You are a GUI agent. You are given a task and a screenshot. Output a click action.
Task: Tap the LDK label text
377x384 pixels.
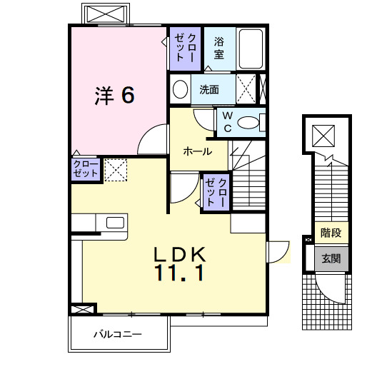click(x=181, y=254)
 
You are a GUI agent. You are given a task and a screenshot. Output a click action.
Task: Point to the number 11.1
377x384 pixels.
click(x=181, y=273)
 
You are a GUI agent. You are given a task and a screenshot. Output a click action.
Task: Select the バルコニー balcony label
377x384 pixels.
click(x=118, y=334)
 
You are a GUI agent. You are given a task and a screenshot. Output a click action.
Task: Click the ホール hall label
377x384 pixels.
click(x=196, y=151)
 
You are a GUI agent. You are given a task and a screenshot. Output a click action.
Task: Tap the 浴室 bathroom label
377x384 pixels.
click(x=219, y=47)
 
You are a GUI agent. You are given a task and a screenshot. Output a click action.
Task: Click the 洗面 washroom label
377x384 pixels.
click(x=209, y=90)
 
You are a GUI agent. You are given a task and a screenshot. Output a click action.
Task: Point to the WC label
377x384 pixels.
click(x=226, y=121)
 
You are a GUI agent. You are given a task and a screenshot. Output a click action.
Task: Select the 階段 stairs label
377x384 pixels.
click(x=331, y=233)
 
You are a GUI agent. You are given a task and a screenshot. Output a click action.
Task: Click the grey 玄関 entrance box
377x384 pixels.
click(x=331, y=258)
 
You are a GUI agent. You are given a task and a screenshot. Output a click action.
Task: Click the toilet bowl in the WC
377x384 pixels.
click(x=248, y=123)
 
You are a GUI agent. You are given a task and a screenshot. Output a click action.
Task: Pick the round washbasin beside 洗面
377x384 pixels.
click(x=181, y=91)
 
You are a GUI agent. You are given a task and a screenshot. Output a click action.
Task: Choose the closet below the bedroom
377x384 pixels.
click(x=84, y=169)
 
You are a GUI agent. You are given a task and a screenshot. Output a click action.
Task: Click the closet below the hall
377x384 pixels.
click(x=216, y=192)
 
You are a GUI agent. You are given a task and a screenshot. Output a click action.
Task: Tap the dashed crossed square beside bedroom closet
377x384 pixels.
click(x=116, y=169)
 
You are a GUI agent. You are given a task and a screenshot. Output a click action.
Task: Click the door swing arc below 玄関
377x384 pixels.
click(x=332, y=289)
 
